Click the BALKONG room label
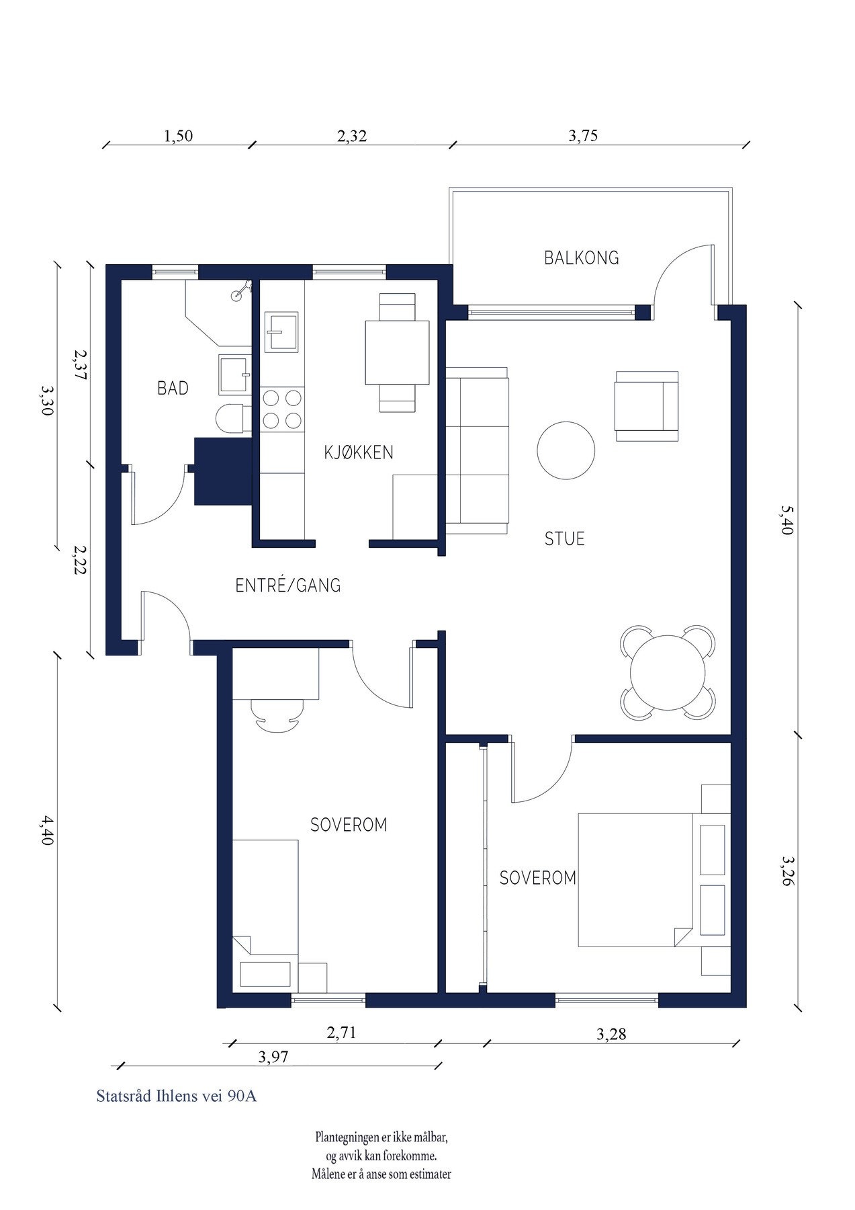point(581,257)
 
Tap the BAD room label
point(173,388)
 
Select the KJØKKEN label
point(359,452)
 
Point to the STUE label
point(564,538)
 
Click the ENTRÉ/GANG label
point(288,586)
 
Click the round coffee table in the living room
point(566,450)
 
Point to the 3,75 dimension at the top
point(583,136)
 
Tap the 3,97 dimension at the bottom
point(273,1057)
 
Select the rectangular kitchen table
point(397,352)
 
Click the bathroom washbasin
point(234,376)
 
